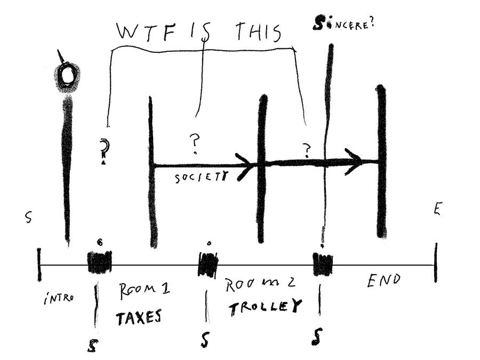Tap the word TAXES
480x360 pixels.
coord(139,317)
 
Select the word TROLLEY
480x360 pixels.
coord(265,308)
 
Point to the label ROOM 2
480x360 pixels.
coord(260,284)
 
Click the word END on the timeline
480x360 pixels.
coord(383,281)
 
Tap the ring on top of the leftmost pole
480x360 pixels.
coord(68,76)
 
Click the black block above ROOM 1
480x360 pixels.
coord(99,262)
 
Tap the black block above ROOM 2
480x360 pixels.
coord(207,263)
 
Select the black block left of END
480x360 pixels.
coord(323,264)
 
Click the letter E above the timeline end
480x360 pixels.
coord(437,209)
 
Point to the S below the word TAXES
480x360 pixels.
coord(91,346)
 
